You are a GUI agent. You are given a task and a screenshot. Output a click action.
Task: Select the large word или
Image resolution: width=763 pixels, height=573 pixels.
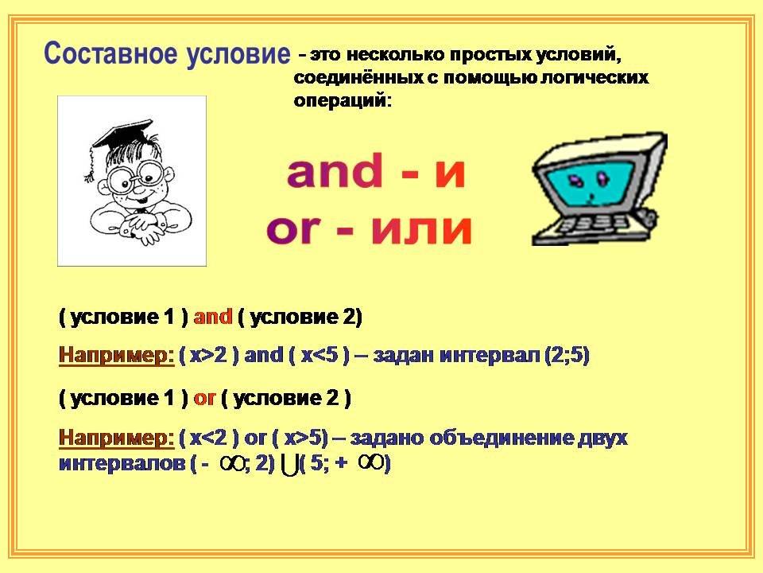421,228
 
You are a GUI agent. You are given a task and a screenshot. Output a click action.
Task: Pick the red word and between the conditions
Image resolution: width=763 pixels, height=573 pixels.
213,318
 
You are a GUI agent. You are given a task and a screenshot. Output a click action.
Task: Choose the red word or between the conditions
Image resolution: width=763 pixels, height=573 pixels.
204,399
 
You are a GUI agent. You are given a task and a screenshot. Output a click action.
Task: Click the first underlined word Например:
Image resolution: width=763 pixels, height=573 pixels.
116,355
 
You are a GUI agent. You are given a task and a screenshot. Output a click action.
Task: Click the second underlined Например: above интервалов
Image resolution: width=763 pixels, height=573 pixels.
116,438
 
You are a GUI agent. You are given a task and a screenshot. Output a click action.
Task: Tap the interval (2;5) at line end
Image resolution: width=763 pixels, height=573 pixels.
567,355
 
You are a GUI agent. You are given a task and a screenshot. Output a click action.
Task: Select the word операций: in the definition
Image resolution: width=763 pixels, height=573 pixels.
343,101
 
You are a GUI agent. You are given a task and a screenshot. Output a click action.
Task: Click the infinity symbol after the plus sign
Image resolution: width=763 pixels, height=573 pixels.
371,461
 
